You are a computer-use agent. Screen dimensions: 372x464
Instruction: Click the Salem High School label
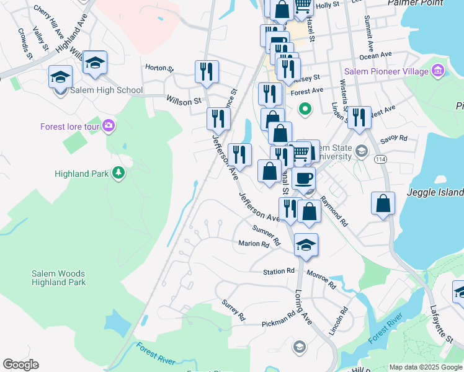pos(106,91)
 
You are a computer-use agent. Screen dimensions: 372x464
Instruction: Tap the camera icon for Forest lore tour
pos(109,126)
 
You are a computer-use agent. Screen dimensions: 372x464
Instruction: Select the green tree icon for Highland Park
pos(117,174)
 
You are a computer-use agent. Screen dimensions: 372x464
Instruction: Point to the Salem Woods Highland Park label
pos(58,278)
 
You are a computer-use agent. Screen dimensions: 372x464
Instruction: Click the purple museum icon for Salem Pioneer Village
pos(439,71)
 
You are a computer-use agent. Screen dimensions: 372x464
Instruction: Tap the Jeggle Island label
pos(434,192)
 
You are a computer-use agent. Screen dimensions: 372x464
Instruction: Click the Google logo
pos(20,365)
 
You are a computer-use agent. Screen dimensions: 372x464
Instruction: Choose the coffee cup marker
pos(303,179)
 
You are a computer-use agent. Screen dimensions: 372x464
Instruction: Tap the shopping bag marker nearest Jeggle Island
pos(383,203)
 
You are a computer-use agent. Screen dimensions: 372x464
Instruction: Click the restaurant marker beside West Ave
pos(359,118)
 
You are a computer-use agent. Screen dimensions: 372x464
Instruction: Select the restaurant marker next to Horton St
pos(207,71)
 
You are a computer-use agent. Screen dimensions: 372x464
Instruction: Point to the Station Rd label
pos(278,272)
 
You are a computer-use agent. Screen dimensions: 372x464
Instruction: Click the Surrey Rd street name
pos(234,311)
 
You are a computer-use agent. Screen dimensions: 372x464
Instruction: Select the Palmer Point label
pos(415,3)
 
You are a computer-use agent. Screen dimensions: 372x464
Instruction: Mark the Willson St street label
pos(184,100)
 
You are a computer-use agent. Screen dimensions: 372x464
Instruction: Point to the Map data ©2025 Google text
pos(426,367)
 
